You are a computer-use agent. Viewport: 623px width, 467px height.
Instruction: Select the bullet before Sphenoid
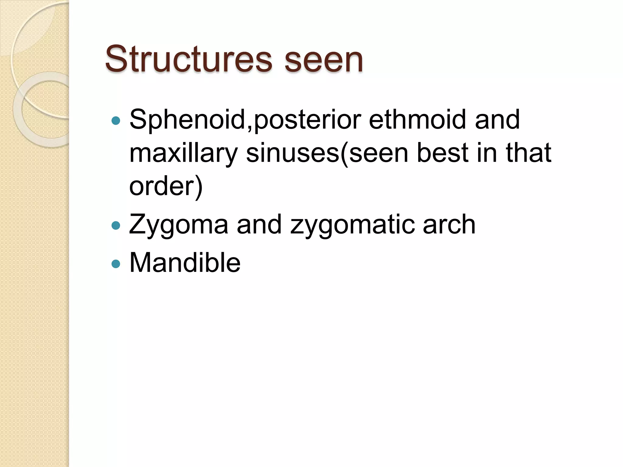tap(116, 121)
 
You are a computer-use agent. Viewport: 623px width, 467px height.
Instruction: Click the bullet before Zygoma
tap(116, 226)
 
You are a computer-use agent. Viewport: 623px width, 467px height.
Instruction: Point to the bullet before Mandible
tap(116, 264)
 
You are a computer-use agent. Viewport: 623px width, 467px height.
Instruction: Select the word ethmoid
tap(418, 120)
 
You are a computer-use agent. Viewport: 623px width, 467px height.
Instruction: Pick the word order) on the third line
tap(166, 186)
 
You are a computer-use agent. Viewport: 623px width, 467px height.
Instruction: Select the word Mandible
tap(185, 263)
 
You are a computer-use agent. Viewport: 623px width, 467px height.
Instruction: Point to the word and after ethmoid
tap(497, 120)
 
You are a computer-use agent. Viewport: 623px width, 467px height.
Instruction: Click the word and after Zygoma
tap(259, 224)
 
